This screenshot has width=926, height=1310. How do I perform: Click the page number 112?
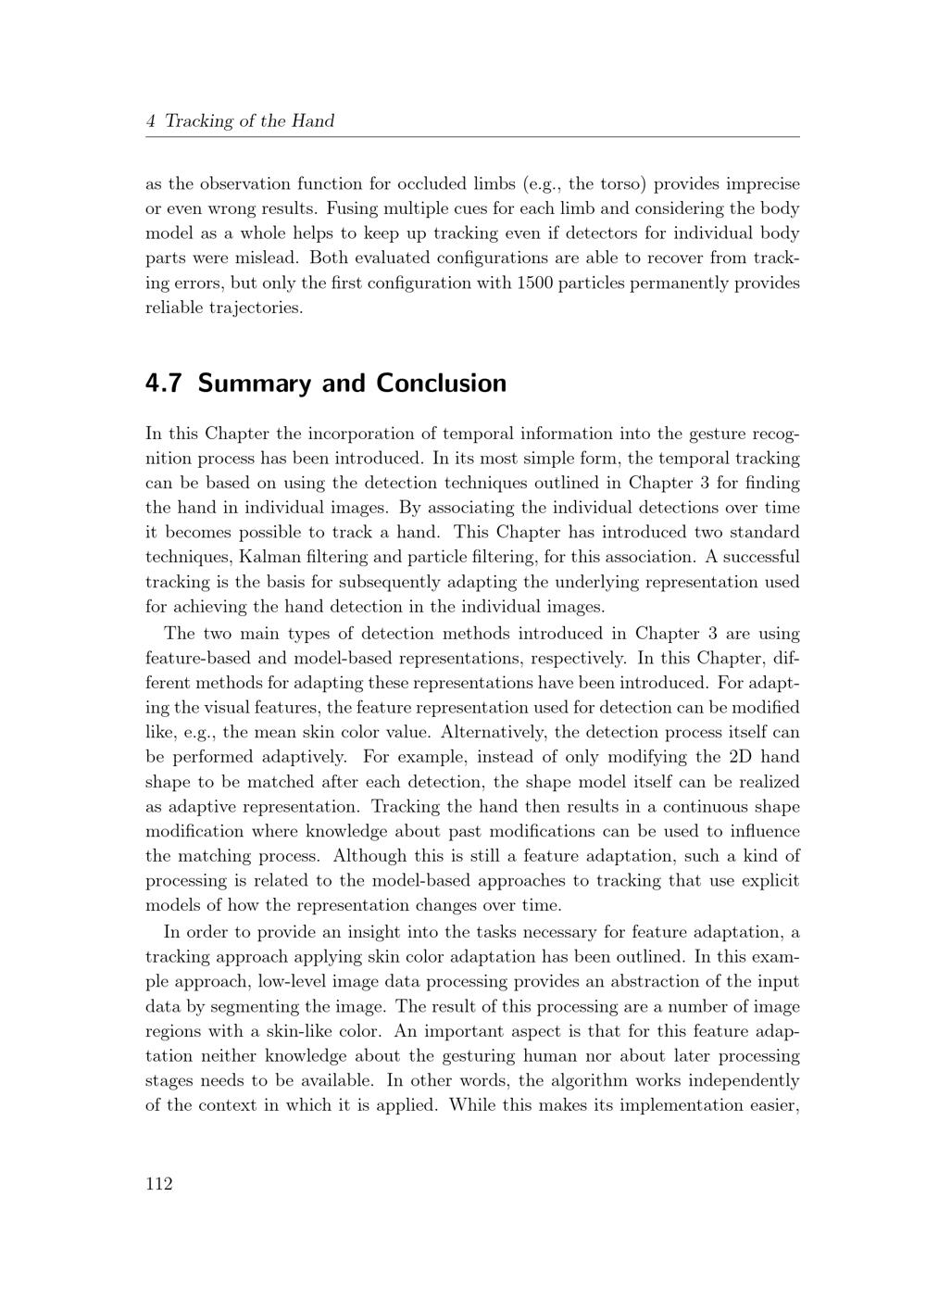pyautogui.click(x=159, y=1183)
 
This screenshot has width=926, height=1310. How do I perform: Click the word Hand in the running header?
pyautogui.click(x=313, y=120)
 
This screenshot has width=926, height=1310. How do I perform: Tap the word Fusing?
pyautogui.click(x=352, y=208)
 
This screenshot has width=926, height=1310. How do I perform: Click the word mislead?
pyautogui.click(x=271, y=258)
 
